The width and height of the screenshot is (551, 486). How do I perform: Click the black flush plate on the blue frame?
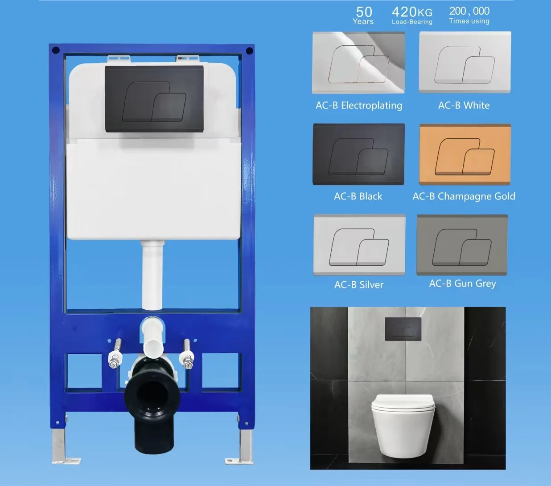(x=154, y=99)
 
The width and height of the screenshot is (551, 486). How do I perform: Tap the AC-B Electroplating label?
(x=359, y=105)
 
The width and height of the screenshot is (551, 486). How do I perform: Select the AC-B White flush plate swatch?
(x=465, y=62)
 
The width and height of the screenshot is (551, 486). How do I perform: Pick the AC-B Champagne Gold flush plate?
(x=465, y=154)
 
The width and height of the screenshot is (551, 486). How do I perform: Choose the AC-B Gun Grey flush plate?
(x=462, y=245)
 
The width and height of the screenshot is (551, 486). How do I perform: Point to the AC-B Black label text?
(x=358, y=196)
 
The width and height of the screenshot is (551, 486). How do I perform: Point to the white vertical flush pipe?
(x=152, y=276)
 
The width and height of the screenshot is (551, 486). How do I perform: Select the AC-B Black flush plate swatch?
(x=358, y=154)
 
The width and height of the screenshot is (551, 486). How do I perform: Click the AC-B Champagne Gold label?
(x=464, y=196)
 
